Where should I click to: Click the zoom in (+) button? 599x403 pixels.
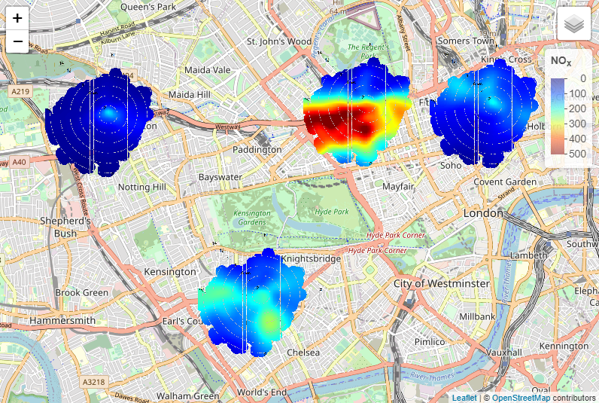[17, 19]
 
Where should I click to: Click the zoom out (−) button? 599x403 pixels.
[17, 41]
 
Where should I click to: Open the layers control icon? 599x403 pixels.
[575, 24]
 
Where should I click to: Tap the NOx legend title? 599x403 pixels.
[561, 60]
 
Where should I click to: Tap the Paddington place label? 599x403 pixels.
[257, 149]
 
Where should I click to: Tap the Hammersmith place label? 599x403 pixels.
[62, 320]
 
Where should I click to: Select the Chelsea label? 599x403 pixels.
[303, 352]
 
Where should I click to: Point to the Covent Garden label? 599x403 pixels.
[505, 182]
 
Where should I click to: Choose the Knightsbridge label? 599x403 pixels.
[311, 258]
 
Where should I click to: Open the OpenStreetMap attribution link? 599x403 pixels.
[521, 398]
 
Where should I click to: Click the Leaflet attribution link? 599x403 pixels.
[464, 398]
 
